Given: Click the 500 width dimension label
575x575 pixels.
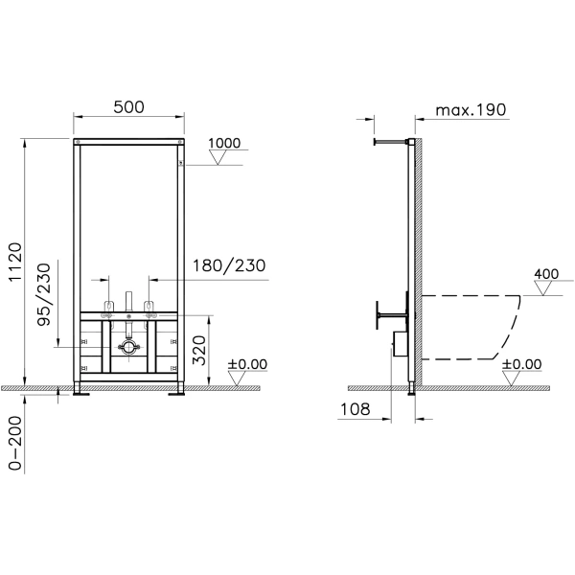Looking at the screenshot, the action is click(x=128, y=107).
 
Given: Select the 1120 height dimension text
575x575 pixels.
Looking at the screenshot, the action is click(x=15, y=262).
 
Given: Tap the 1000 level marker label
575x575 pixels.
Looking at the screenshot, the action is click(x=224, y=143).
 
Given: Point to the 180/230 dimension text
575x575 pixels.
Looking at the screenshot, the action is click(x=229, y=265).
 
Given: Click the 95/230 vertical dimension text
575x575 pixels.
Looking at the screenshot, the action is click(x=44, y=294).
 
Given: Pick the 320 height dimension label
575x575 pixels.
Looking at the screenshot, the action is click(x=199, y=350).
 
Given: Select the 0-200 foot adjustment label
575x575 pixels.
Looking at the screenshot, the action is click(x=15, y=443).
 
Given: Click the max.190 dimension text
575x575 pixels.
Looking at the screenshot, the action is click(x=471, y=110).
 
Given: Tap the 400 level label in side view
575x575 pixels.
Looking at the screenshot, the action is click(x=546, y=274).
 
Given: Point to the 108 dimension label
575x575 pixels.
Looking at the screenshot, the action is click(x=356, y=409).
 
